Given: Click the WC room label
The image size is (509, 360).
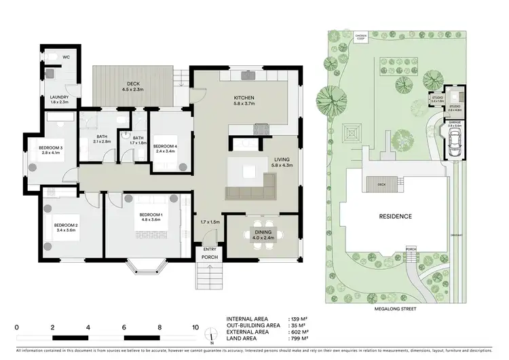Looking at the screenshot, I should pos(67,58).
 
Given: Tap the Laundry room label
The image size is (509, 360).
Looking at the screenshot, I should pos(60,97).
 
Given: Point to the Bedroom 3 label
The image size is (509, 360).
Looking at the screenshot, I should pos(52,148).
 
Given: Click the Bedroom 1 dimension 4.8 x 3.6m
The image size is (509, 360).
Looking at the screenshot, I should pos(146,219).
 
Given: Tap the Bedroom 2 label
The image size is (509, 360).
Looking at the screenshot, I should pos(67,225).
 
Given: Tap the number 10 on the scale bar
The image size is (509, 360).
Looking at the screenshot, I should pos(195,327).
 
